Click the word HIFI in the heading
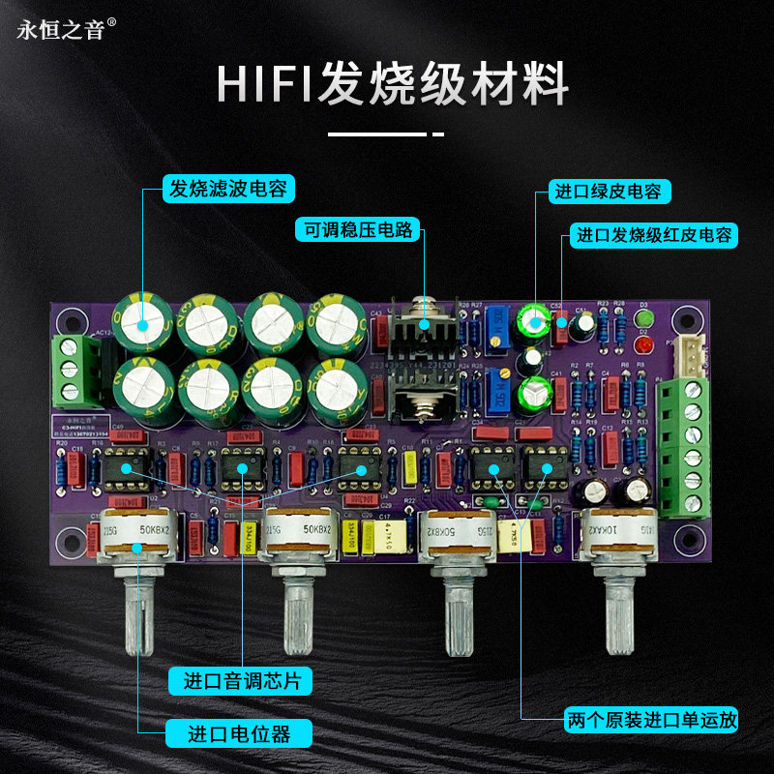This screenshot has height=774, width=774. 261,85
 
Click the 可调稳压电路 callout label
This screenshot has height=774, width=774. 357,229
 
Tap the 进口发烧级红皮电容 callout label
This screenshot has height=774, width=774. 655,235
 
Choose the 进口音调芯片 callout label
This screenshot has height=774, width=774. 242,680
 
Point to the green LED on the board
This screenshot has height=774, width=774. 645,318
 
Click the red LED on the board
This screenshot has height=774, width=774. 644,345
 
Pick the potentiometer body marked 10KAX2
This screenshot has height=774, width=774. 619,531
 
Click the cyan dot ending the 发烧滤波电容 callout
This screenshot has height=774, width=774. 142,324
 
